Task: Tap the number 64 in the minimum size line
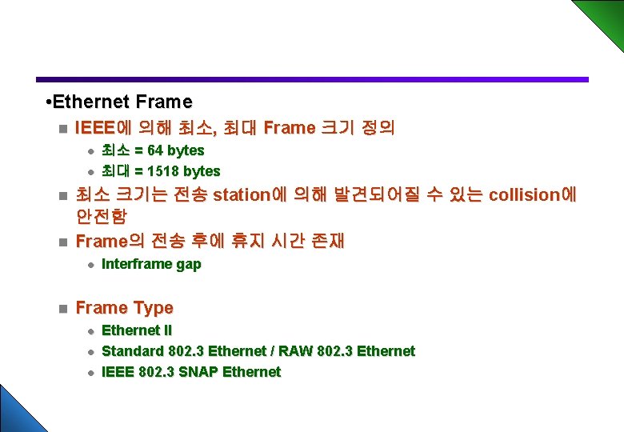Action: [155, 150]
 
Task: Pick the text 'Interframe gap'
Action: [151, 264]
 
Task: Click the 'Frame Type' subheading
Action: [124, 308]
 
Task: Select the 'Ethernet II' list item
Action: [137, 330]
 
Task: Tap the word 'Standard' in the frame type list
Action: [133, 351]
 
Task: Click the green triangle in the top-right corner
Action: [604, 16]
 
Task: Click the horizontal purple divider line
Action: [312, 79]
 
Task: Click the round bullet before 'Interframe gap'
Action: [91, 265]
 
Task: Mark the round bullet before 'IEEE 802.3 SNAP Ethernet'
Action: [91, 373]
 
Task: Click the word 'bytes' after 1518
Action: [202, 171]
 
